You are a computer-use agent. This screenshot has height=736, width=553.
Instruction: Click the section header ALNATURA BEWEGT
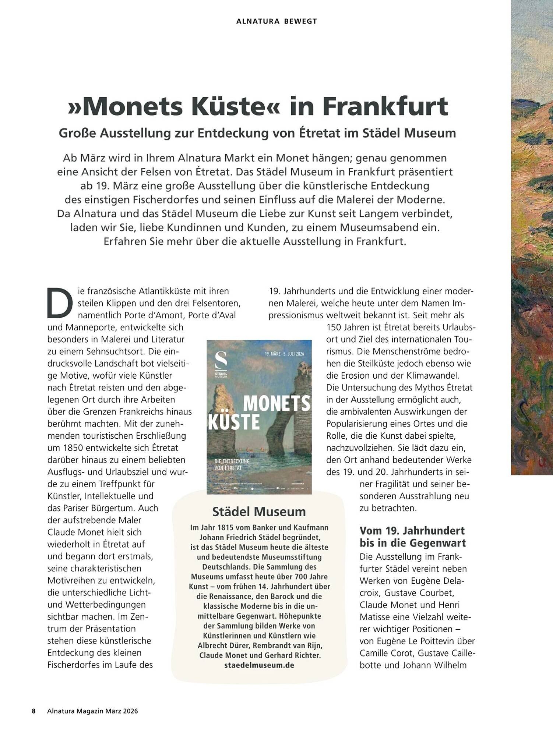point(276,21)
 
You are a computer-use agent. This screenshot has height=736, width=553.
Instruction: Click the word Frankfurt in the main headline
point(386,106)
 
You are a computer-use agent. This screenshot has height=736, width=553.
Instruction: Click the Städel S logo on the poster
point(221,359)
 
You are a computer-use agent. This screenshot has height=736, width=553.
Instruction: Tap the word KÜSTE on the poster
point(234,422)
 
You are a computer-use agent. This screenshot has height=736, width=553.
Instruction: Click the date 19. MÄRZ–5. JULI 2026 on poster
point(284,354)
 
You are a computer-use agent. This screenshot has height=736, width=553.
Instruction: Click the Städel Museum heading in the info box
point(259,512)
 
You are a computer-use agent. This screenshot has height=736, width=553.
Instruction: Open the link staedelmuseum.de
point(259,665)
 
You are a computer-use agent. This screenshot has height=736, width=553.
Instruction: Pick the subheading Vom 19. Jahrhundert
point(412,531)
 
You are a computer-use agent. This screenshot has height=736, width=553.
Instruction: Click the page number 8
point(34,711)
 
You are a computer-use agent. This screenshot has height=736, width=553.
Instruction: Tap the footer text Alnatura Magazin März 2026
point(92,711)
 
